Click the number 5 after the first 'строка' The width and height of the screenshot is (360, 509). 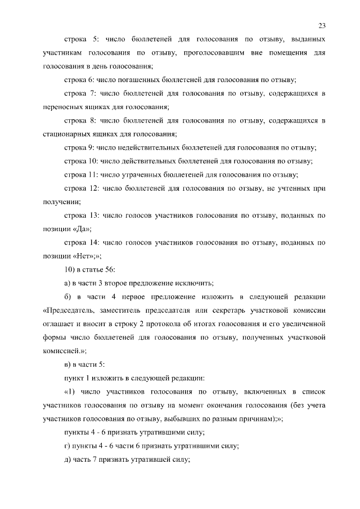[x=95, y=40]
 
